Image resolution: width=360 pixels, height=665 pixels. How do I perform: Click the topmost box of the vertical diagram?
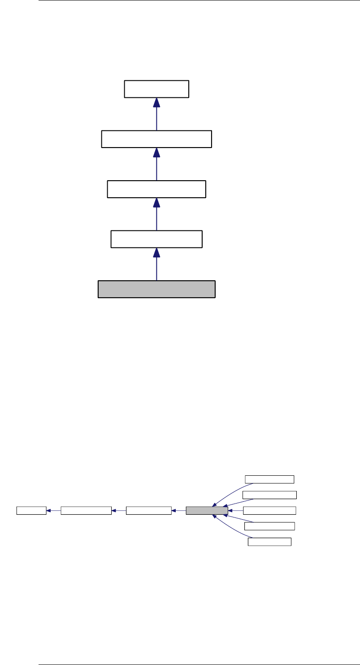[156, 89]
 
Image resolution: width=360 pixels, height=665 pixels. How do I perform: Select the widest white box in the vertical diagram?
[156, 139]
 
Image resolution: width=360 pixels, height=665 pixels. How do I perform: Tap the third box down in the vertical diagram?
[156, 189]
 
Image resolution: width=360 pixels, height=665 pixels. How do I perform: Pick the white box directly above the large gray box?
[156, 239]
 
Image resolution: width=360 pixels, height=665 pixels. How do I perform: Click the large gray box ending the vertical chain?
[156, 289]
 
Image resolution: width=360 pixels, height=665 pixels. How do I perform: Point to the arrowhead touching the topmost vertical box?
[156, 103]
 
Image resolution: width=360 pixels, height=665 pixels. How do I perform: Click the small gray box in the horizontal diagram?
[207, 510]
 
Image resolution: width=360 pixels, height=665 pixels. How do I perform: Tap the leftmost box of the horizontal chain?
[31, 510]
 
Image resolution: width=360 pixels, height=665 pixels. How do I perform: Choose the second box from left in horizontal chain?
[86, 510]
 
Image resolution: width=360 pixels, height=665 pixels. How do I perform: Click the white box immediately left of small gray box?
[149, 510]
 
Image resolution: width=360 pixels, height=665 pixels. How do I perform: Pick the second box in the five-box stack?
[269, 495]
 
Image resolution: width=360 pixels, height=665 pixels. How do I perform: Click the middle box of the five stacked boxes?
[269, 510]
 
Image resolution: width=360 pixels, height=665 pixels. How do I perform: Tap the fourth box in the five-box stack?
[269, 526]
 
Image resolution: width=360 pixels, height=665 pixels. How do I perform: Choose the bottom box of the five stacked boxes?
[270, 542]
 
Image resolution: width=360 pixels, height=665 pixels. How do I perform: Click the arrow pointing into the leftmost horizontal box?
[53, 510]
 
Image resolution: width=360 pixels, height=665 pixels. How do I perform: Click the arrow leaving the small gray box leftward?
[178, 510]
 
